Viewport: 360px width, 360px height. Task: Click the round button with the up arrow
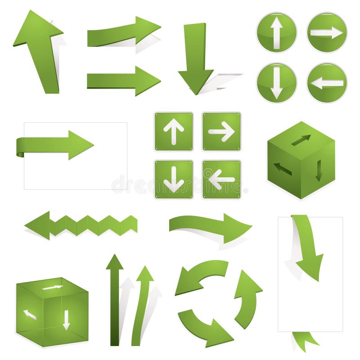(276, 32)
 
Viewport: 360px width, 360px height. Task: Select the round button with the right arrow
(327, 32)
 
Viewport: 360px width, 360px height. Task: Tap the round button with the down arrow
(276, 83)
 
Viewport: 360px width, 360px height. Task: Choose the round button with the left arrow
(327, 83)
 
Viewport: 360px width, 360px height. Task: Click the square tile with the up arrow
(174, 131)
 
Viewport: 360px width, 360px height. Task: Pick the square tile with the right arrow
(221, 131)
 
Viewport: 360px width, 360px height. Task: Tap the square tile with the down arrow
(174, 179)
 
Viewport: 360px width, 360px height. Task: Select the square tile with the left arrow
(221, 179)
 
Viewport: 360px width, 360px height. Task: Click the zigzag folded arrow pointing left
(81, 225)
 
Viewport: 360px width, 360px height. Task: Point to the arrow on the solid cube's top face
(301, 140)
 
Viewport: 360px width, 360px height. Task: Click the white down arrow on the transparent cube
(66, 319)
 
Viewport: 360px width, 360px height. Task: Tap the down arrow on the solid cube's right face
(319, 171)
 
